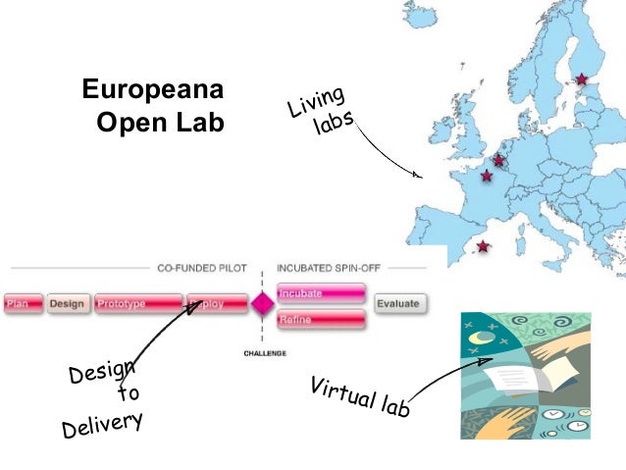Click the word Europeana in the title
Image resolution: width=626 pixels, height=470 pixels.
click(x=152, y=91)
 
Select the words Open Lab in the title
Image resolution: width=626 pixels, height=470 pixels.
click(x=161, y=124)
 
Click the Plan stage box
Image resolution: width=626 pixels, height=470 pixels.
click(x=23, y=304)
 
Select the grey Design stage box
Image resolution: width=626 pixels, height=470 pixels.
click(x=67, y=304)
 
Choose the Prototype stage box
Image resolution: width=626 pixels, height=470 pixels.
click(x=138, y=304)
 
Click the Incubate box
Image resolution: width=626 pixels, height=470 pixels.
click(x=322, y=292)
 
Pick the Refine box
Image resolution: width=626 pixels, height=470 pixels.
click(x=322, y=319)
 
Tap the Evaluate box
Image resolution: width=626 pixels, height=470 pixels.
click(x=398, y=304)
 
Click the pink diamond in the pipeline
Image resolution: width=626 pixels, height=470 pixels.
click(x=261, y=304)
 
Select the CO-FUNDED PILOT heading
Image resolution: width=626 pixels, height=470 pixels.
click(x=202, y=267)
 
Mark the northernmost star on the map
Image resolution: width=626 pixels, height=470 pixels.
click(x=582, y=78)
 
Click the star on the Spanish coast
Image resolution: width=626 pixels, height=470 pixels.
click(x=482, y=246)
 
